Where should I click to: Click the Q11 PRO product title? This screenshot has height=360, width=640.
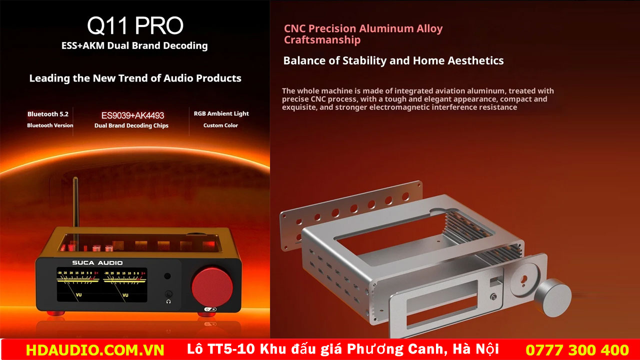tap(135, 25)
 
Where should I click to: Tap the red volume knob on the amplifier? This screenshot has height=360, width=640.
tap(212, 287)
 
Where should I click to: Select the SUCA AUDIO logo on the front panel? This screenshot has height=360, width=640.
tap(97, 262)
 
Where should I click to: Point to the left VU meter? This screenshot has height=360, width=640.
tap(78, 284)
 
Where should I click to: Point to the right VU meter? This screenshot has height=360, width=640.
tap(125, 284)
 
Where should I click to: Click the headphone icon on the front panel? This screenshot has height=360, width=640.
tap(168, 301)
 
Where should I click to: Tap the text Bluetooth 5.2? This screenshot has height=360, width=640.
tap(48, 114)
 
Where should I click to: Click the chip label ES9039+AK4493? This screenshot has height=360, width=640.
tap(132, 115)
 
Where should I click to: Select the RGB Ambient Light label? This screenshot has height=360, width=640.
tap(221, 113)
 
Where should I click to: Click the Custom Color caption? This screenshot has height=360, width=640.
tap(220, 125)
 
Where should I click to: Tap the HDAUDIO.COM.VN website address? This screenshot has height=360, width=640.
tap(95, 350)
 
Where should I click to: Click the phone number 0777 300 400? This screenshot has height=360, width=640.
tap(577, 350)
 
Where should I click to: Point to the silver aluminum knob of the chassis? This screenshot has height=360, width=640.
tap(553, 297)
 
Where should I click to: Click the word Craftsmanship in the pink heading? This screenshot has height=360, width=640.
tap(322, 39)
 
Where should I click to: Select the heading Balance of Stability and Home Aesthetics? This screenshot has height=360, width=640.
tap(393, 60)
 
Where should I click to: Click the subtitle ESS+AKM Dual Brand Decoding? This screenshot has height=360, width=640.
tap(134, 45)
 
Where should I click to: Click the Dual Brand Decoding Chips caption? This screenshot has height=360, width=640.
tap(131, 125)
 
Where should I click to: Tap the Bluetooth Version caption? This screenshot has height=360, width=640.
tap(50, 125)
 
